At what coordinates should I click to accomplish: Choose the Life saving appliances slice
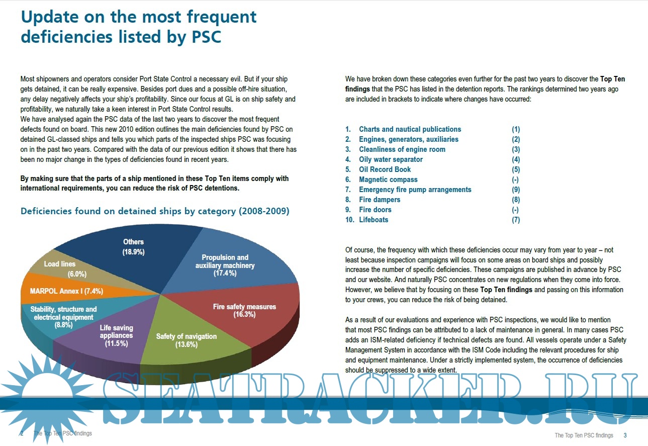[x=116, y=336]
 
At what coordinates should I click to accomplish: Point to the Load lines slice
[x=60, y=269]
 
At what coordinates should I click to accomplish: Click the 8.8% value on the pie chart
[x=63, y=325]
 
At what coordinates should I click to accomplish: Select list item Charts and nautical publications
[x=410, y=129]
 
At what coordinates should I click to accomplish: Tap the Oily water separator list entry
[x=391, y=159]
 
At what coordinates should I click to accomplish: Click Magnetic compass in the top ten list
[x=388, y=180]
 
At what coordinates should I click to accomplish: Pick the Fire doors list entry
[x=375, y=210]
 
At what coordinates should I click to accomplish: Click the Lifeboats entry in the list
[x=374, y=220]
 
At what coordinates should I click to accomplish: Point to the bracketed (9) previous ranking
[x=516, y=190]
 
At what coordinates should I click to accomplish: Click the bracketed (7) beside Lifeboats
[x=516, y=220]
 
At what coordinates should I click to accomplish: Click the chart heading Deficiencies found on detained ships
[x=155, y=211]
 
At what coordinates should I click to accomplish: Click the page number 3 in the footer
[x=625, y=435]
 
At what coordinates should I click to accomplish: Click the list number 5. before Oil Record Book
[x=348, y=169]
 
